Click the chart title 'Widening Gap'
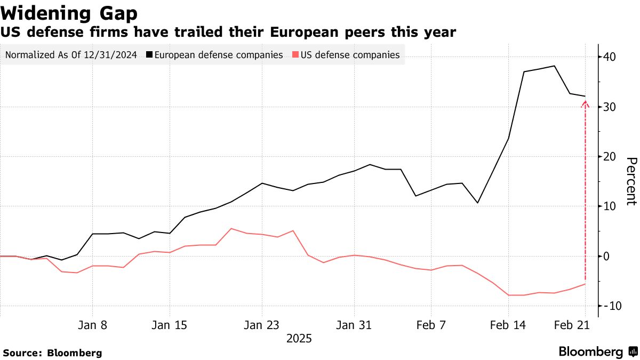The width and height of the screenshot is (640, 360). pos(70,13)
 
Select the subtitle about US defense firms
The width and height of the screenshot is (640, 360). pos(228,33)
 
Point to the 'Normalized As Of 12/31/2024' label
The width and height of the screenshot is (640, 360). pos(70,54)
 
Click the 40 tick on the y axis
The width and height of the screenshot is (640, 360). pos(610,57)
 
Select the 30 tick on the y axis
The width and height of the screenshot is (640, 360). pos(610,107)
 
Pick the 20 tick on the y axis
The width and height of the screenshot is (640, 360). pos(610,156)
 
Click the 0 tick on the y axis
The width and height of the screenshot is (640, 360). pos(607,256)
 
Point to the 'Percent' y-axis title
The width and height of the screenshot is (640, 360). pos(631,181)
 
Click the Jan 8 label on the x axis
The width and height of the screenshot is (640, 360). pos(93,325)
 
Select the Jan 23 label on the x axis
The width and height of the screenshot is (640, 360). pos(262,325)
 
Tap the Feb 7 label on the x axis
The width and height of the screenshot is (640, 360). pos(431,325)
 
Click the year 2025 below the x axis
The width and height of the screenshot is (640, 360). pos(299,339)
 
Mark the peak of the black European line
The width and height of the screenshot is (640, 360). pos(555,66)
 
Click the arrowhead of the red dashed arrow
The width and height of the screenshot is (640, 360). pos(585,103)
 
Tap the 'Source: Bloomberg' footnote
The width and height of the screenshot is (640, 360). pos(52,353)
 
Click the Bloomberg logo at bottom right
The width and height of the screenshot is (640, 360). pos(598,352)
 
